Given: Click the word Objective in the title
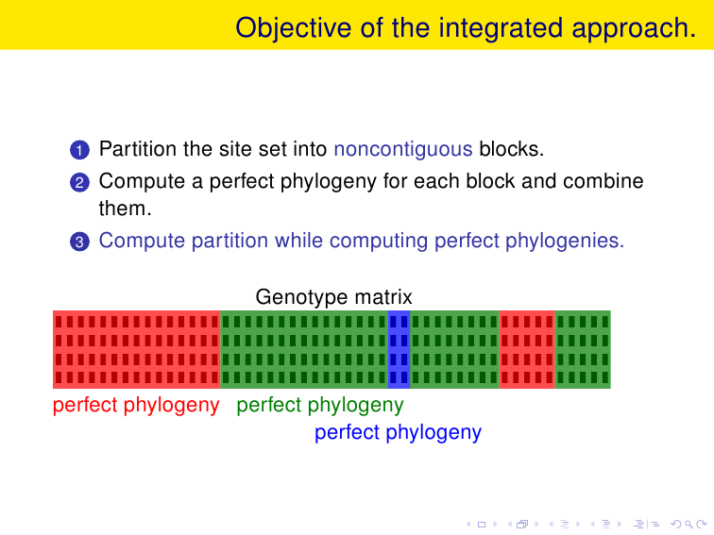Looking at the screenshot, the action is (293, 28).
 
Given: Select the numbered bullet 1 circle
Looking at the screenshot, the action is (79, 150).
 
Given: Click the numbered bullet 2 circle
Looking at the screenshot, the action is (79, 182).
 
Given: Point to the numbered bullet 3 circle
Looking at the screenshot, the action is (79, 242).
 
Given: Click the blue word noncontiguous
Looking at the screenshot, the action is (403, 150).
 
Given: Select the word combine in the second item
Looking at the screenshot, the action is (603, 181).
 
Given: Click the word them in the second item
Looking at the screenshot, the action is (125, 209).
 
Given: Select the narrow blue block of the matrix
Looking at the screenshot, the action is (399, 349).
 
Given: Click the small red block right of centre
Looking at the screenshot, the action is (527, 349).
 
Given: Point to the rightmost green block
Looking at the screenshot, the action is (583, 349).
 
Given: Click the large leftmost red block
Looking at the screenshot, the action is (137, 349).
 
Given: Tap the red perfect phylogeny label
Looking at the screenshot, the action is (136, 406).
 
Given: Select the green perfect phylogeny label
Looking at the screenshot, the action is (320, 406).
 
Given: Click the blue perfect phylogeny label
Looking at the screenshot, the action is (398, 433).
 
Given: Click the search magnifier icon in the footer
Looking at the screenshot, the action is (688, 525).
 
